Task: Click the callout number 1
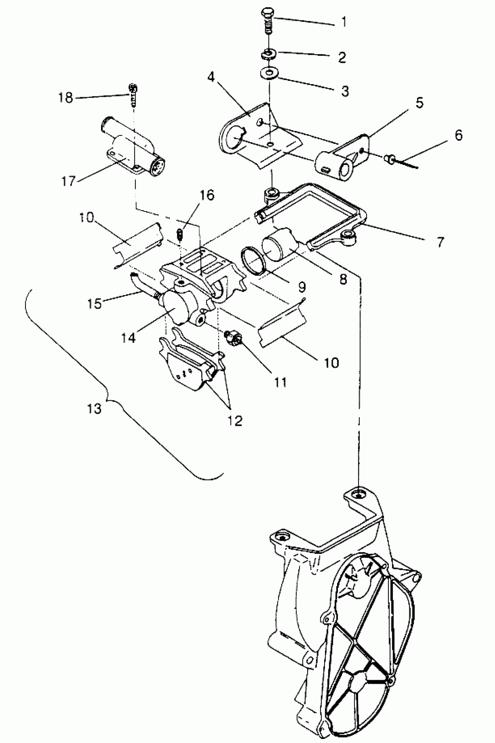coord(344,22)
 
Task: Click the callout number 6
coord(459,135)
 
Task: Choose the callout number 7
coord(440,242)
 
